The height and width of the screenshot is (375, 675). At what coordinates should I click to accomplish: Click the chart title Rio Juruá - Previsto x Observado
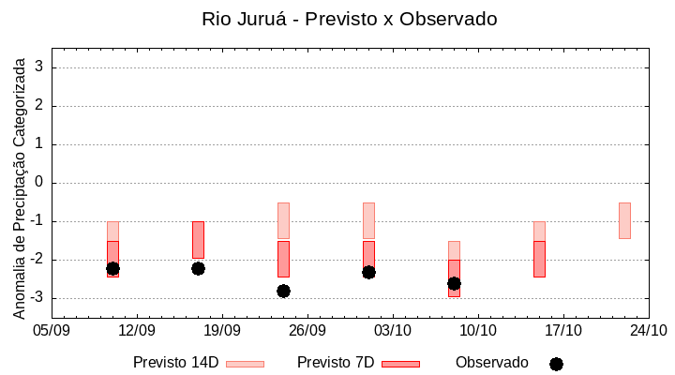(349, 19)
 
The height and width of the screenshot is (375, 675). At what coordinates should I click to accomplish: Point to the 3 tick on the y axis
(39, 67)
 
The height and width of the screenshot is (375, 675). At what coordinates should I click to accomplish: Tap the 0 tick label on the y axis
(39, 183)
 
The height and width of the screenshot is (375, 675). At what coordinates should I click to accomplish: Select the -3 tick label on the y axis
(37, 298)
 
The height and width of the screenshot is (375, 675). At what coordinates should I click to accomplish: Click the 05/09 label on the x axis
(52, 331)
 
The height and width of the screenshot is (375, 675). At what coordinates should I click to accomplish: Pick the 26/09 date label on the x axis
(307, 331)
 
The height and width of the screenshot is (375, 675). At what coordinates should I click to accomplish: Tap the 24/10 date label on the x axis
(649, 331)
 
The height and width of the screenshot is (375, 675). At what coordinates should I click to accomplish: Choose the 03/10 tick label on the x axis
(393, 331)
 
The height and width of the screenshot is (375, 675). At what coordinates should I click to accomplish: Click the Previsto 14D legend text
(175, 363)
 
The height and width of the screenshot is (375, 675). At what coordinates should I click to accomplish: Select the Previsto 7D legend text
(335, 363)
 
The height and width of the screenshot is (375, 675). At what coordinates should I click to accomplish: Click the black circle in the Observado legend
(556, 364)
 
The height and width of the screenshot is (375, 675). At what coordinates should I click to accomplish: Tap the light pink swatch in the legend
(245, 364)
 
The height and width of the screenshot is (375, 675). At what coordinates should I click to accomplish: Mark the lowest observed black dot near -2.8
(283, 291)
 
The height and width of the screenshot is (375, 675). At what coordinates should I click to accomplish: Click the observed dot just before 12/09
(112, 268)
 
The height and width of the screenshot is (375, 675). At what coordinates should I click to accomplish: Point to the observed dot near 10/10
(454, 283)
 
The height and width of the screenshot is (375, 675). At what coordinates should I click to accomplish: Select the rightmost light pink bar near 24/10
(624, 220)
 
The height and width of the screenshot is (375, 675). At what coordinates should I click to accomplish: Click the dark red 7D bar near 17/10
(539, 259)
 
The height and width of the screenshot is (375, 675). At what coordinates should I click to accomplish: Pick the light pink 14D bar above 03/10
(368, 220)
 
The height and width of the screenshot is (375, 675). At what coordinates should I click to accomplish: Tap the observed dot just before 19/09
(198, 268)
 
